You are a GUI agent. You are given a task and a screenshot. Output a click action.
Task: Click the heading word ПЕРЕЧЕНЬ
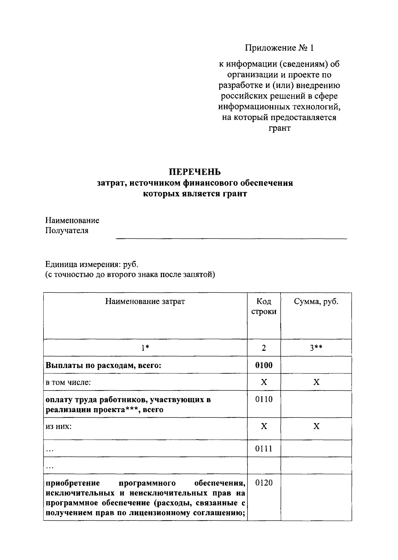(195, 172)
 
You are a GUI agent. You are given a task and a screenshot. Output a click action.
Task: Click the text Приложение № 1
(279, 48)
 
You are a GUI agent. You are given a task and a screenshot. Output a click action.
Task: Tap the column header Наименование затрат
(145, 301)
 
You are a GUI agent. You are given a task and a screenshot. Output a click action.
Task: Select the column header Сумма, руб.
(316, 301)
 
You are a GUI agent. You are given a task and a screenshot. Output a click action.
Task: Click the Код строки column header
(264, 306)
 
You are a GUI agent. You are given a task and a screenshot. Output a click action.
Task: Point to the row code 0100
(264, 365)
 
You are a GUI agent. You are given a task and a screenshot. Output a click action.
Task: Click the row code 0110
(264, 399)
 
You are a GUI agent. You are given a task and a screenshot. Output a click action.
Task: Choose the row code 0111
(264, 449)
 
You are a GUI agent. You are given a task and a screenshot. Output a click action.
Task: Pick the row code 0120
(264, 483)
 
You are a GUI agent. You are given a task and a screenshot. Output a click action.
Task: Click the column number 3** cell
(316, 348)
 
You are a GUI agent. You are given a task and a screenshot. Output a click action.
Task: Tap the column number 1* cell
(145, 348)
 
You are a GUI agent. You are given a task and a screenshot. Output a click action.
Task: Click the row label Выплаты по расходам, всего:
(103, 365)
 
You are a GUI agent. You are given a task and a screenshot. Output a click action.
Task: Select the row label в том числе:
(68, 382)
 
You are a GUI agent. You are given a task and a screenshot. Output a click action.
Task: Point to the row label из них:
(59, 426)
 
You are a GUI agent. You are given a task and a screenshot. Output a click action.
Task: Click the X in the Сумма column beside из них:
(316, 426)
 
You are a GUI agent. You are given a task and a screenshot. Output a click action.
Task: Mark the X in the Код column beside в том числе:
(264, 382)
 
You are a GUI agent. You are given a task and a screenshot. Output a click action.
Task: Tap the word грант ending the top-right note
(279, 128)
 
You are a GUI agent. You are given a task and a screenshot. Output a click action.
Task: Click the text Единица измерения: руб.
(92, 265)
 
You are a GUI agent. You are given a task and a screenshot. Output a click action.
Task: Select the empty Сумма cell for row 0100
(316, 365)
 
